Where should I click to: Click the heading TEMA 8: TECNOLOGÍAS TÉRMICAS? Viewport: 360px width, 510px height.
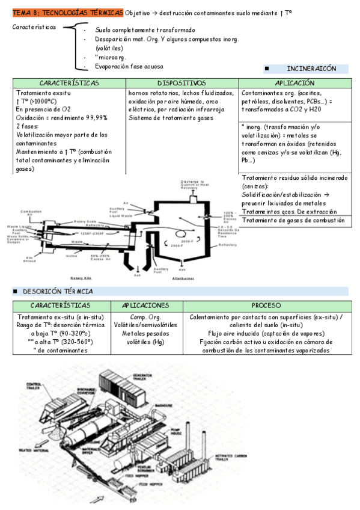(67, 13)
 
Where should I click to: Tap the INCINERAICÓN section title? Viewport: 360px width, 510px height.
(311, 69)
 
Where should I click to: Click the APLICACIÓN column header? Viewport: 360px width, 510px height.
(294, 83)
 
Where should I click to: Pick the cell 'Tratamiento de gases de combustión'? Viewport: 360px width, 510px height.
(293, 220)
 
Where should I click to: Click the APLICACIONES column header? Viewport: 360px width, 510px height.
(145, 306)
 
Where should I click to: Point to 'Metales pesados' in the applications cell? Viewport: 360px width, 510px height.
(145, 333)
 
